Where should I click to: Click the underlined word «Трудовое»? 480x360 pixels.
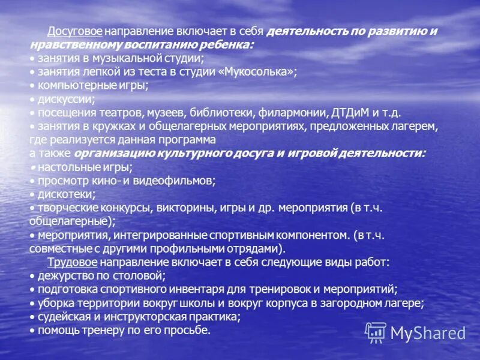click(x=72, y=262)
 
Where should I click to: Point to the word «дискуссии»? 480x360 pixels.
click(x=65, y=99)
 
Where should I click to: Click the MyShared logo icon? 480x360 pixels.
click(x=376, y=332)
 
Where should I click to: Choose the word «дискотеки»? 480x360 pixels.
click(x=66, y=194)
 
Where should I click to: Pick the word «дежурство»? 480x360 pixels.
click(x=66, y=275)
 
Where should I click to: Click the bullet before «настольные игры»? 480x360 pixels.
click(x=32, y=167)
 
